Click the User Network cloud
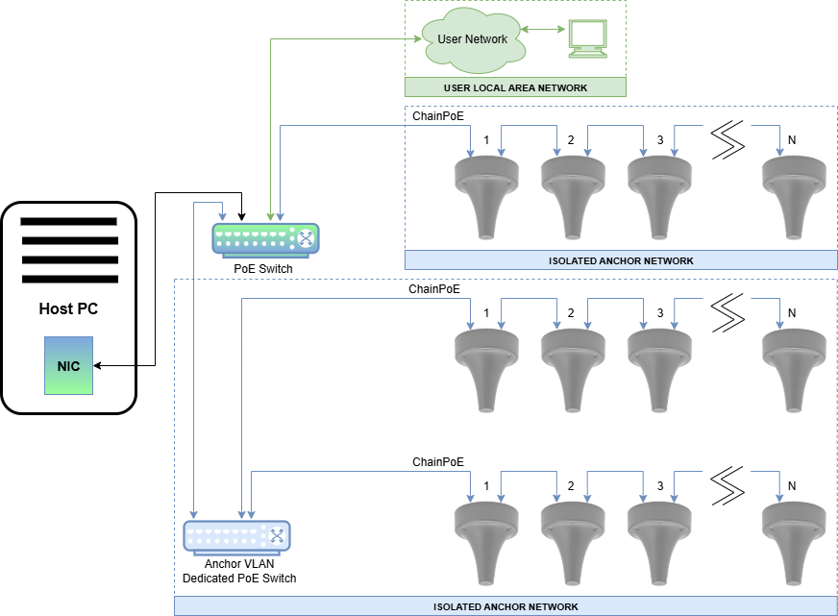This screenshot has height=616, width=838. pyautogui.click(x=472, y=41)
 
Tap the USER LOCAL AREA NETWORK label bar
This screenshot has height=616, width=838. pyautogui.click(x=515, y=87)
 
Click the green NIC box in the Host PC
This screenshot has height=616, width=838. pyautogui.click(x=68, y=365)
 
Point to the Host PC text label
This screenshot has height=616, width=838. pyautogui.click(x=68, y=309)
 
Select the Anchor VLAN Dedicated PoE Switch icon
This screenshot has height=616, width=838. pyautogui.click(x=237, y=536)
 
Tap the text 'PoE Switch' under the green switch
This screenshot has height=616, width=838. pyautogui.click(x=263, y=269)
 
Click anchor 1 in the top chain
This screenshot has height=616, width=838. pyautogui.click(x=486, y=195)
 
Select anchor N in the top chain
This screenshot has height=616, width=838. pyautogui.click(x=794, y=195)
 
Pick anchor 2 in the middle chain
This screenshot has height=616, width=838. pyautogui.click(x=574, y=369)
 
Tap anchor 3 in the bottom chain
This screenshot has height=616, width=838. pyautogui.click(x=660, y=541)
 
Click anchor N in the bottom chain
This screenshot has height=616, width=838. pyautogui.click(x=794, y=541)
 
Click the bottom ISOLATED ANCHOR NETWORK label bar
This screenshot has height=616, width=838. pyautogui.click(x=505, y=606)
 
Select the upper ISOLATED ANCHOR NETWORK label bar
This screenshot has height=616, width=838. pyautogui.click(x=621, y=260)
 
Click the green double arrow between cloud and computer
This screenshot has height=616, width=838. pyautogui.click(x=544, y=31)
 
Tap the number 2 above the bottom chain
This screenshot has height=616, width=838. pyautogui.click(x=571, y=485)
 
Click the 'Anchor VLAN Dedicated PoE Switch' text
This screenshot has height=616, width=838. pyautogui.click(x=239, y=571)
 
